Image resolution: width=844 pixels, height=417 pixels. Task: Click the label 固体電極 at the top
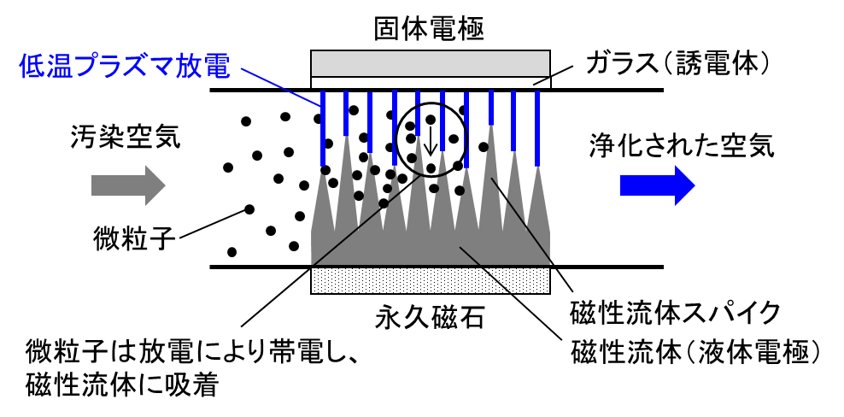pos(429,28)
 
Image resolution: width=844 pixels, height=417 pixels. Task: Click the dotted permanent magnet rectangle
pos(430,279)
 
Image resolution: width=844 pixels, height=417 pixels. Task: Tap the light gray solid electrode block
pos(430,62)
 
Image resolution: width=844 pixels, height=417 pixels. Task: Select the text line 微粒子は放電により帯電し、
pos(185,350)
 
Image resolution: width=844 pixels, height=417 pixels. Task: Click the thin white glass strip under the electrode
pos(430,82)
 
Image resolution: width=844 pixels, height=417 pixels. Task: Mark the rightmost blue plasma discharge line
pos(537,128)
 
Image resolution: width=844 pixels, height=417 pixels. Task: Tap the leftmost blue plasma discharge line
pos(324,132)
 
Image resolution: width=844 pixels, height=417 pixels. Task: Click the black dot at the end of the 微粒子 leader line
pos(249,208)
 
